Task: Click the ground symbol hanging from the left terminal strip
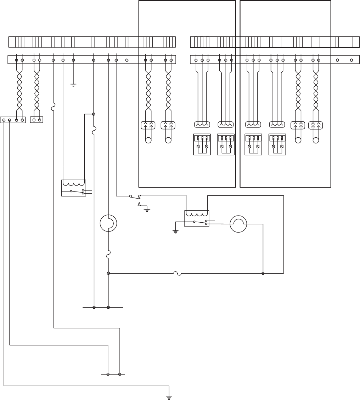[x=73, y=85]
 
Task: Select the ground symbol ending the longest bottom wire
[x=169, y=397]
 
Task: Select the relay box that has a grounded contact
[x=197, y=218]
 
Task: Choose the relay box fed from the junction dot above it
[x=74, y=188]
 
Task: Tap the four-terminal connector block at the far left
[x=13, y=120]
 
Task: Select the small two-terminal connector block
[x=37, y=120]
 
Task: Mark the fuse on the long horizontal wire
[x=178, y=273]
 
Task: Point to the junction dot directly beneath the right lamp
[x=263, y=273]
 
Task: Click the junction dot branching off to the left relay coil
[x=94, y=114]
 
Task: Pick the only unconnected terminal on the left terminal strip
[x=127, y=60]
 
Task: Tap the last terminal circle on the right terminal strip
[x=351, y=60]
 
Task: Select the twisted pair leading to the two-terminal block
[x=37, y=88]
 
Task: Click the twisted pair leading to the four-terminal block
[x=19, y=88]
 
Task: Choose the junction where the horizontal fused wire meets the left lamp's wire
[x=108, y=273]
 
